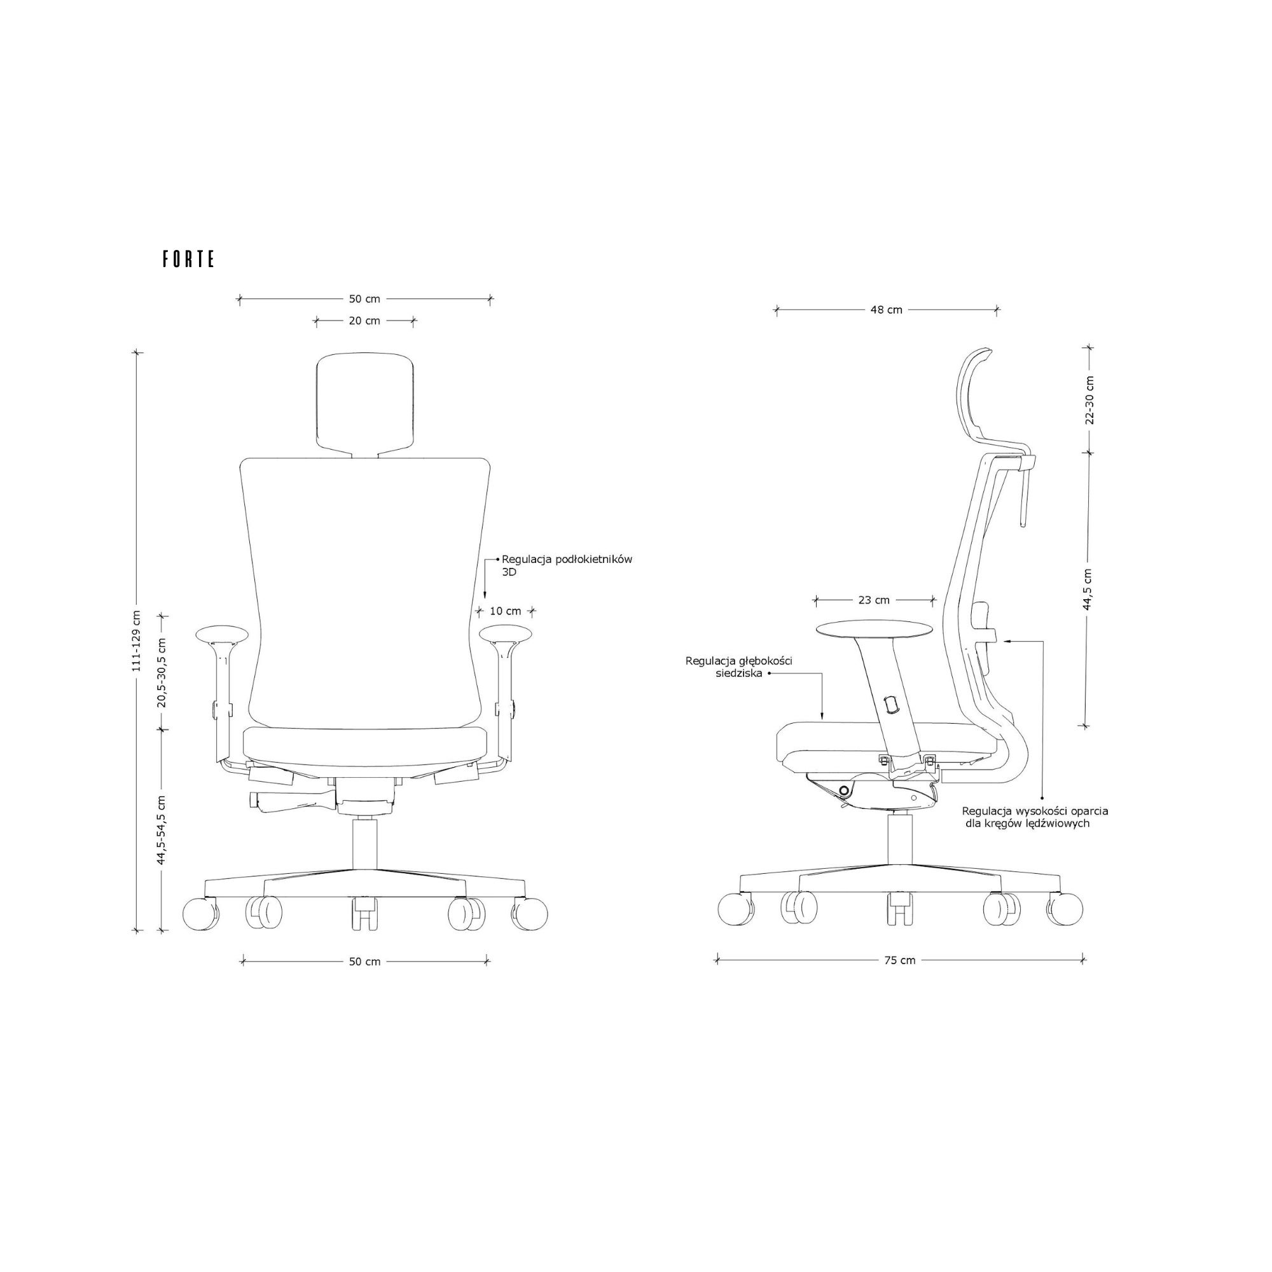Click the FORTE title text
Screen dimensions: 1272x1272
point(188,259)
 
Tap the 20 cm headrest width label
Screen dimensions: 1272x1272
point(364,321)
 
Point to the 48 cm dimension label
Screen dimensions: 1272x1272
point(886,310)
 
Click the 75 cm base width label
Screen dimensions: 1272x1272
point(899,960)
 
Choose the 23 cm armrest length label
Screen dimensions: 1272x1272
point(874,600)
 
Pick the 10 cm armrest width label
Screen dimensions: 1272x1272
point(505,611)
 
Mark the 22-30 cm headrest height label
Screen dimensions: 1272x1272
point(1089,400)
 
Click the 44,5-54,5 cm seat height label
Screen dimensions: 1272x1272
point(162,830)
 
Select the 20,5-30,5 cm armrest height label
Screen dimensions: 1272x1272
point(162,672)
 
